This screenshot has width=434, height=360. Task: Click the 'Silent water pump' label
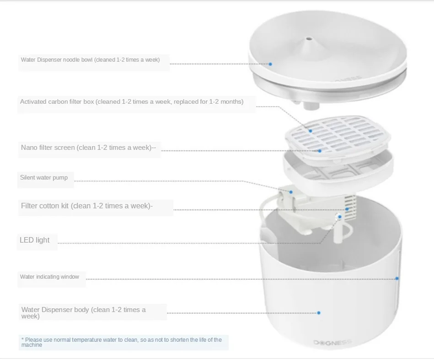(44, 178)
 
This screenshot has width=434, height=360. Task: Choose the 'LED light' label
(34, 240)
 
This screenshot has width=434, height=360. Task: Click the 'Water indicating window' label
(49, 277)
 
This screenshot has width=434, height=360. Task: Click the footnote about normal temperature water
(122, 342)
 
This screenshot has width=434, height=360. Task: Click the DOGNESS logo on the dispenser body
(332, 343)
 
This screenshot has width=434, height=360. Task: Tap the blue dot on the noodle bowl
(270, 64)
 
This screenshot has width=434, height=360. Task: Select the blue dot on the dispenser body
(319, 313)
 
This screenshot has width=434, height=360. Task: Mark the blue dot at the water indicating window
(397, 278)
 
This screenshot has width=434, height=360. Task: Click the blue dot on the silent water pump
(291, 192)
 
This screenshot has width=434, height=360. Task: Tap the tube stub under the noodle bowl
(311, 106)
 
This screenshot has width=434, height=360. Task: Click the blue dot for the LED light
(340, 217)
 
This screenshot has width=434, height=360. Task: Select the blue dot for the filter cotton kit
(347, 209)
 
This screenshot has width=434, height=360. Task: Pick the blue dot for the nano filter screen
(320, 151)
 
